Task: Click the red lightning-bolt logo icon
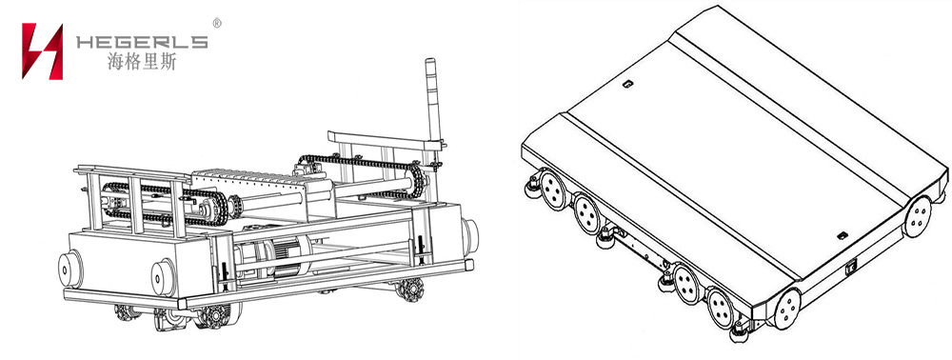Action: tap(42, 51)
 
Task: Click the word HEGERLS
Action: tap(142, 42)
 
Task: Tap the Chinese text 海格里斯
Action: tap(142, 61)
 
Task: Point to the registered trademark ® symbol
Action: tap(217, 23)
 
